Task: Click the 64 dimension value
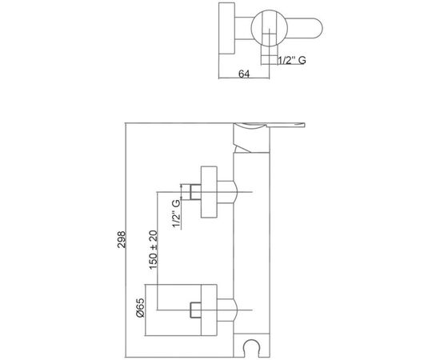[244, 74]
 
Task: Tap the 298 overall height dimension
[122, 239]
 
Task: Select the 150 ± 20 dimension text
[154, 250]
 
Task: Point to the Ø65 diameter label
[140, 308]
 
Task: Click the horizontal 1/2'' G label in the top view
[292, 60]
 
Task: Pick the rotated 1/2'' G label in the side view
[176, 214]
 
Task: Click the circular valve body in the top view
[270, 28]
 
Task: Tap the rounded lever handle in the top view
[305, 28]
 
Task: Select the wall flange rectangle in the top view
[226, 28]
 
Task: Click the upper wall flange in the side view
[209, 192]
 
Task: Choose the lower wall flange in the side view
[209, 310]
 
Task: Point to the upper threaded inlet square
[195, 192]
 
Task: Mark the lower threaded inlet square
[195, 310]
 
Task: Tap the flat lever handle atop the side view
[270, 126]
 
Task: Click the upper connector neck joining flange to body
[227, 192]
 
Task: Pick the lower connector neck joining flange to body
[227, 310]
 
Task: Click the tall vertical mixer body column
[251, 242]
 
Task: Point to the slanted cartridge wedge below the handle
[242, 148]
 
